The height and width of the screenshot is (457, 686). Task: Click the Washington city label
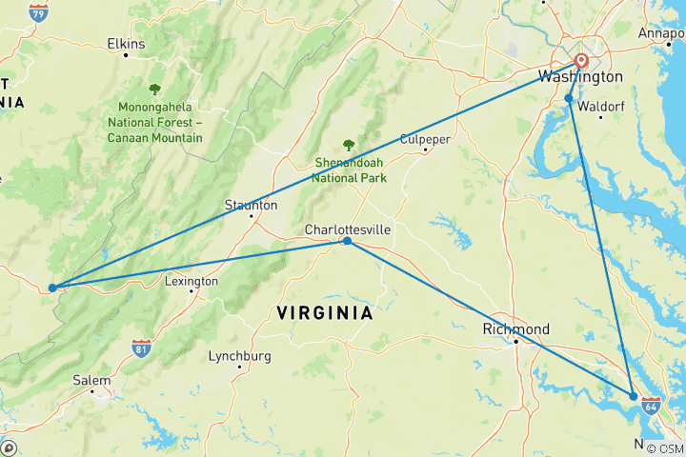point(580,77)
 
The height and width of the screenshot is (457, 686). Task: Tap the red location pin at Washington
point(581,63)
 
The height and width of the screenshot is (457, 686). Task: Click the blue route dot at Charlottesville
point(347,241)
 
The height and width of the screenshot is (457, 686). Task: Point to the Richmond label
point(515,329)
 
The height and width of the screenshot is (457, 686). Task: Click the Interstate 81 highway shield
point(141,348)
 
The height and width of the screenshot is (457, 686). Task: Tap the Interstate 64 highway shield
point(652,407)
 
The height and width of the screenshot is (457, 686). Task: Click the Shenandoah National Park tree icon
point(349,146)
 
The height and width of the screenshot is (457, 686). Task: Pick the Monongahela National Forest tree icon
point(154,89)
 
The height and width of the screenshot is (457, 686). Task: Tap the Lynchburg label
point(239,356)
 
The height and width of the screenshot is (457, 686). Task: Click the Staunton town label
point(251,205)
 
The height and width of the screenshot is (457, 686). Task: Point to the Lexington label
point(192,282)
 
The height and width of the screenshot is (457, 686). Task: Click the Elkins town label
point(126,44)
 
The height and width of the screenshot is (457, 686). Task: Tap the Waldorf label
point(601,106)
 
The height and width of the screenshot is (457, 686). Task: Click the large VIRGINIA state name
point(324,312)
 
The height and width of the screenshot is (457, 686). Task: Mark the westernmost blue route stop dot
point(51,287)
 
